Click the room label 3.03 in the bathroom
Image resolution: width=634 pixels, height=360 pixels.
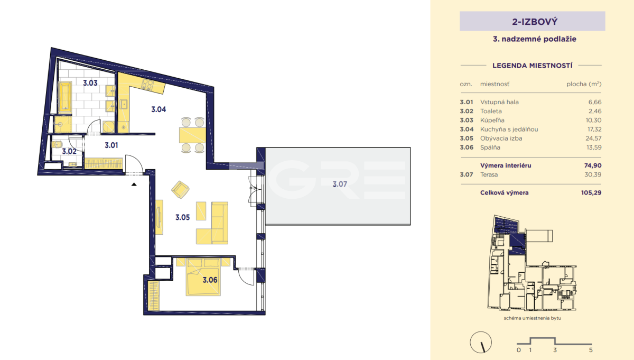pyautogui.click(x=90, y=83)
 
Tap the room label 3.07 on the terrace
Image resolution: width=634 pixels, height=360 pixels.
pyautogui.click(x=340, y=184)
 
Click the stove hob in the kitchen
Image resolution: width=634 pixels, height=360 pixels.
pyautogui.click(x=147, y=85)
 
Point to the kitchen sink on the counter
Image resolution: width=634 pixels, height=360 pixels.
pyautogui.click(x=124, y=104)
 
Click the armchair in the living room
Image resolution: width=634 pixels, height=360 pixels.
pyautogui.click(x=180, y=189)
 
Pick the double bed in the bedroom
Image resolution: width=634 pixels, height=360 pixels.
pyautogui.click(x=203, y=276)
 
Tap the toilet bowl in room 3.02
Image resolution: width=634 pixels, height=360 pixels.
pyautogui.click(x=57, y=145)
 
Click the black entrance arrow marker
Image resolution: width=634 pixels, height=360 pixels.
pyautogui.click(x=134, y=184)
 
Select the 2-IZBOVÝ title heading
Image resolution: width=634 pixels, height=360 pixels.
pyautogui.click(x=535, y=22)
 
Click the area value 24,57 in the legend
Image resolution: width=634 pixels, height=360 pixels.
pyautogui.click(x=593, y=138)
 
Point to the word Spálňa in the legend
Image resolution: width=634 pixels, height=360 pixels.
pyautogui.click(x=490, y=147)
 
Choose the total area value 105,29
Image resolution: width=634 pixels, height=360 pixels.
pyautogui.click(x=591, y=192)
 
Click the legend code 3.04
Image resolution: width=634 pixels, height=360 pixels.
pyautogui.click(x=467, y=129)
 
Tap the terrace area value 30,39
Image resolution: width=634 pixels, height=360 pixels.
pyautogui.click(x=593, y=174)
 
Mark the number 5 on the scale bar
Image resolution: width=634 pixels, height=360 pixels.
pyautogui.click(x=591, y=350)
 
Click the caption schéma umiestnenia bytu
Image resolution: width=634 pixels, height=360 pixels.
pyautogui.click(x=533, y=318)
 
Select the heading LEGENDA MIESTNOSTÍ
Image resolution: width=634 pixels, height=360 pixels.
pyautogui.click(x=533, y=66)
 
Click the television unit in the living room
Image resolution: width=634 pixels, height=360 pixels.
pyautogui.click(x=159, y=217)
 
